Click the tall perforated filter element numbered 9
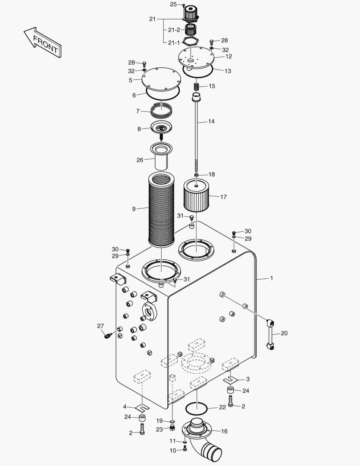[160, 209]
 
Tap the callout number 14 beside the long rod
[211, 122]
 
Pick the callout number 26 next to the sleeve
[140, 160]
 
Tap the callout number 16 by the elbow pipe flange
[224, 431]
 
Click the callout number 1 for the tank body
[272, 278]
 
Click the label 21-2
[174, 30]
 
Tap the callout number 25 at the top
[173, 4]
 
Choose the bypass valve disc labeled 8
[161, 128]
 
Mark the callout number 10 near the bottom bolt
[172, 450]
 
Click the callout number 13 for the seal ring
[228, 71]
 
